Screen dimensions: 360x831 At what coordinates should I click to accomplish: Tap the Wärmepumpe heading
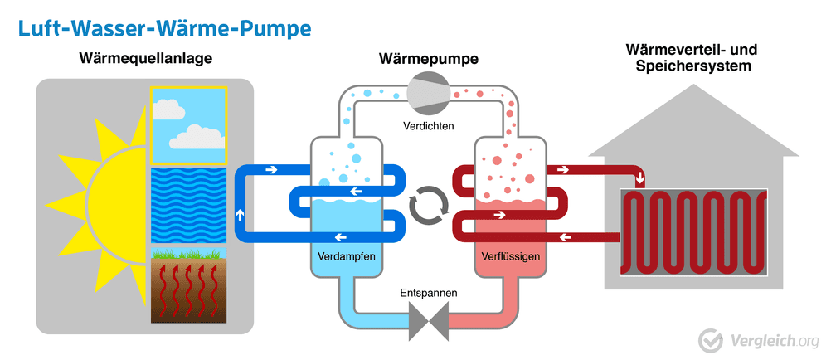pos(428,59)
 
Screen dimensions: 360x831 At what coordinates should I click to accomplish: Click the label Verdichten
pos(428,126)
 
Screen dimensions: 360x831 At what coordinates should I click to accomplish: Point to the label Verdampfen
pos(346,256)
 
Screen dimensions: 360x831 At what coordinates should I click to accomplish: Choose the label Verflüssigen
pos(509,256)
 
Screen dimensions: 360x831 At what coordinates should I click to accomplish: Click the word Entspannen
pos(428,294)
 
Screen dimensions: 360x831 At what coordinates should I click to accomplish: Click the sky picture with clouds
pos(188,124)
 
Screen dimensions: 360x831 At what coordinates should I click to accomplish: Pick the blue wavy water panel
pos(188,205)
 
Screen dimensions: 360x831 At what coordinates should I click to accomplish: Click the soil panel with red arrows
pos(188,286)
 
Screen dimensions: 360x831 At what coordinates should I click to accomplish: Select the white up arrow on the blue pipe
pos(241,214)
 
